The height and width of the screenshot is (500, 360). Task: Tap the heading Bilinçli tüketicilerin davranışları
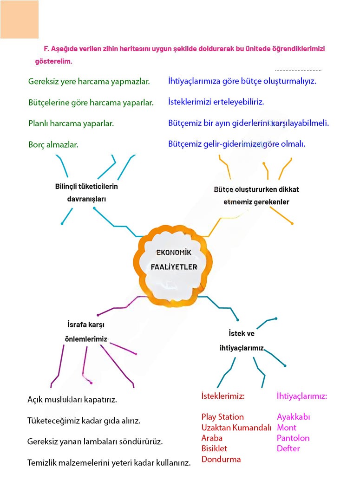coord(86,193)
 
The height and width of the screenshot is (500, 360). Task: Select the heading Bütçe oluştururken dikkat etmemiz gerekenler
coord(256,196)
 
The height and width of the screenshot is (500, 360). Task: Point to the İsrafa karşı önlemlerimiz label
coord(86,331)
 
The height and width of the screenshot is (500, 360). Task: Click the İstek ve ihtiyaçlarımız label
coord(242,341)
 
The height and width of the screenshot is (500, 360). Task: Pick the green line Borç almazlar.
coord(53,144)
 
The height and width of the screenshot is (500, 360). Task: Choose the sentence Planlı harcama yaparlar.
coord(71,123)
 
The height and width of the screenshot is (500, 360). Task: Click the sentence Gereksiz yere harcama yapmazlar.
coord(89,81)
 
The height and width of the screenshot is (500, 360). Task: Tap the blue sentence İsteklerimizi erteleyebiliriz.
coord(216,102)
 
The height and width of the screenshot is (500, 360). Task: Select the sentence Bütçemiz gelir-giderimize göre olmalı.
coord(236,144)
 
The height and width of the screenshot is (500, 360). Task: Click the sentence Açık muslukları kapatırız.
coord(72,399)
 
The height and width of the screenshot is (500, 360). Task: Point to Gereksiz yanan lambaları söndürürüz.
coord(95,442)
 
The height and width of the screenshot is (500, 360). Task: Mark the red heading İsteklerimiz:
coord(223,396)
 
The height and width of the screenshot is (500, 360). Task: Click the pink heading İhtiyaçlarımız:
coord(302,396)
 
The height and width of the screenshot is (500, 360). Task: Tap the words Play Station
coord(223,417)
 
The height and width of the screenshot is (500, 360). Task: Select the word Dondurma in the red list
coord(221,459)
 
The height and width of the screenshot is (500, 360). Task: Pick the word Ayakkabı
coord(294,417)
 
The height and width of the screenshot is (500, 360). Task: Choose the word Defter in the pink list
coord(288,448)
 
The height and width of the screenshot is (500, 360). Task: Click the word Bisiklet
coord(214,448)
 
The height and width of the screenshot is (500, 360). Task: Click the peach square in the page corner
coord(20,19)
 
